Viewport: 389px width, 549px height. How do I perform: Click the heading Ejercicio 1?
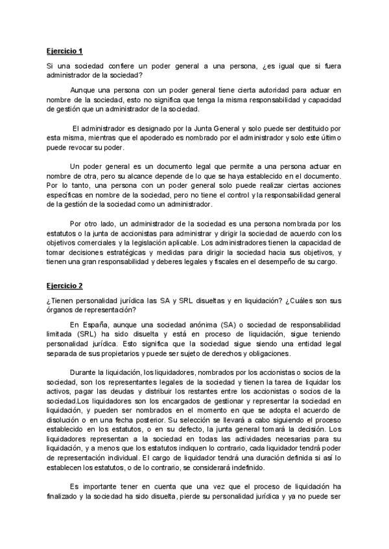(x=65, y=50)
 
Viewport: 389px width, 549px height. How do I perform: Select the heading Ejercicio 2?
(x=65, y=285)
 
